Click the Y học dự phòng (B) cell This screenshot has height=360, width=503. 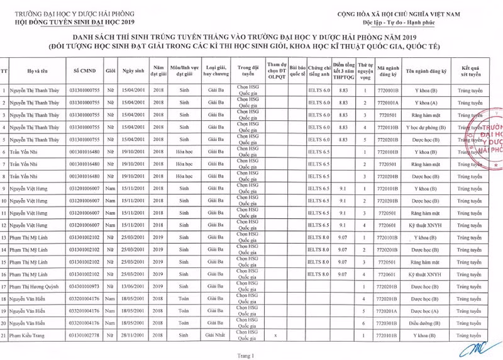click(430, 127)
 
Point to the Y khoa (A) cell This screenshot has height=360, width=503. click(430, 103)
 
